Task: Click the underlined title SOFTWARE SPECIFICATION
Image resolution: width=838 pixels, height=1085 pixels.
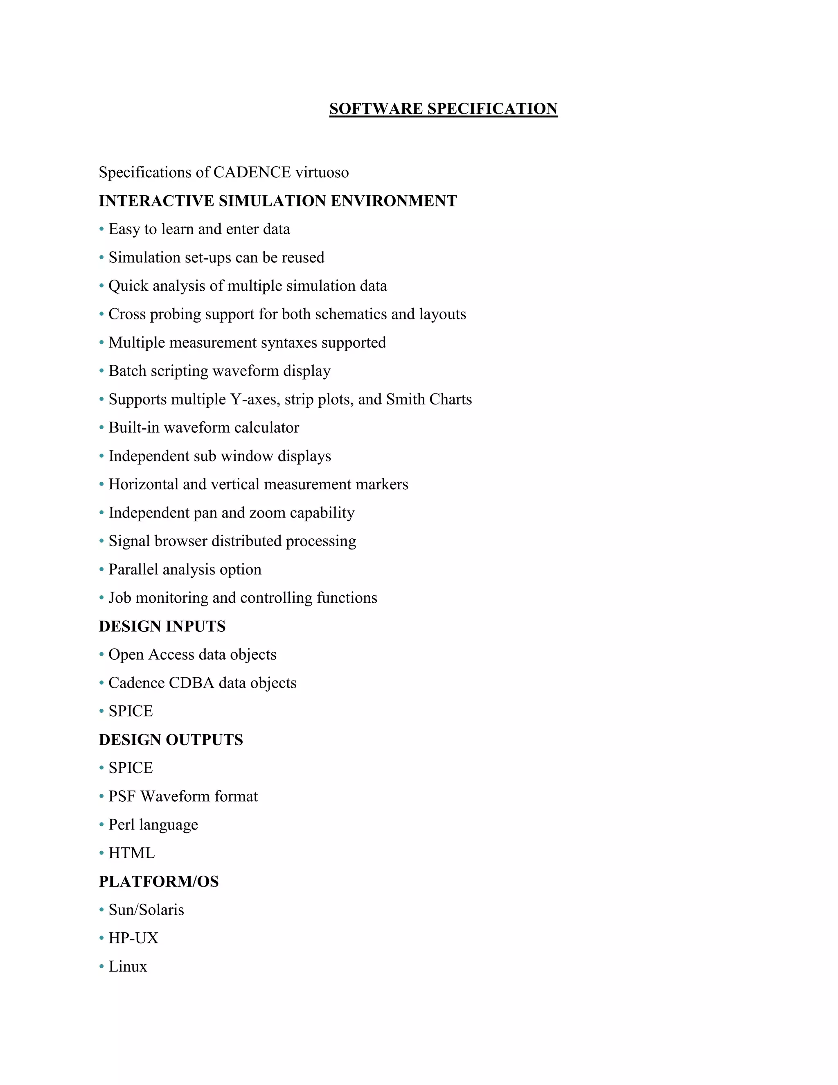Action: (443, 109)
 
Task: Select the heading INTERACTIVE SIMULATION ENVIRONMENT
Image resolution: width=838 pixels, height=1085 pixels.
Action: (277, 201)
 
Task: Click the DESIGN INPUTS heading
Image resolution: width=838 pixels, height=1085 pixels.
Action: (162, 626)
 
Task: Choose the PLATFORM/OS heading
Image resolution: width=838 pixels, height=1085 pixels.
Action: (158, 882)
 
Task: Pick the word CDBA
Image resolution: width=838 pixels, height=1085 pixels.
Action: (191, 683)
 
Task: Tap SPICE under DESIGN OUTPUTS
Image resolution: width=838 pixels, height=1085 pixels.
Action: (131, 768)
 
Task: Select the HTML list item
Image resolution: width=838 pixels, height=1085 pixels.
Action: (132, 853)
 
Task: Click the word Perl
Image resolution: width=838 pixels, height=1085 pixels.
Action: (122, 825)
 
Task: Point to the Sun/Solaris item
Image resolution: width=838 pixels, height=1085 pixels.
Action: (146, 910)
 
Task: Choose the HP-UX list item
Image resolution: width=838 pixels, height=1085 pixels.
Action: (133, 938)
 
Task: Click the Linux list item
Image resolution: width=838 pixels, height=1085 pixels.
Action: (128, 966)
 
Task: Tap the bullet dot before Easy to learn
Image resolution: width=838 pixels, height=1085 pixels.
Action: (101, 229)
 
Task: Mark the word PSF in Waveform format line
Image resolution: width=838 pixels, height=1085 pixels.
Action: (122, 796)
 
